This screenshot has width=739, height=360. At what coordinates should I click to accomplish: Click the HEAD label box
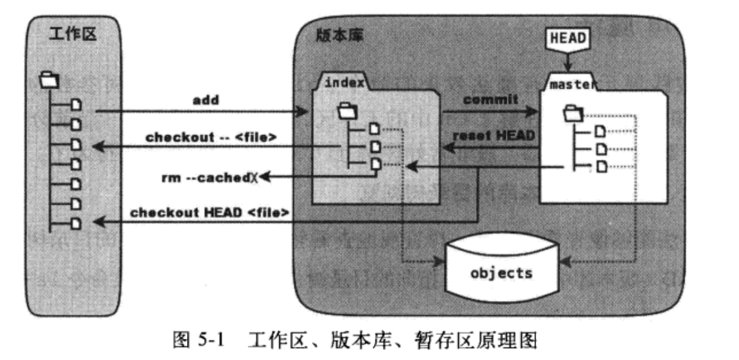[x=567, y=39]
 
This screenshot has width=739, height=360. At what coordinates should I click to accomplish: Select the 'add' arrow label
[x=206, y=100]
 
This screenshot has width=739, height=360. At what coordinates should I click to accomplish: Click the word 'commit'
[x=490, y=99]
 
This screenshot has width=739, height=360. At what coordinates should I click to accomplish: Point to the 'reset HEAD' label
[x=494, y=135]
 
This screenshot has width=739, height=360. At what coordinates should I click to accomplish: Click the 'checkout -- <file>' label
[x=211, y=137]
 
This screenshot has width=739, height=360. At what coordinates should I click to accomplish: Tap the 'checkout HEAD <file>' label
[x=209, y=212]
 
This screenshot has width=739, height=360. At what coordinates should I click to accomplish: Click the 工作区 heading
[x=72, y=34]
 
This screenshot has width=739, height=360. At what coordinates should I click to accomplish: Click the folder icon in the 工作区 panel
[x=49, y=79]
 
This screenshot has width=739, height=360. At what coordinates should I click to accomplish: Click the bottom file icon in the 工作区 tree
[x=76, y=223]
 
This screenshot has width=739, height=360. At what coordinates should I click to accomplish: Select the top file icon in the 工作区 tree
[x=76, y=105]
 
